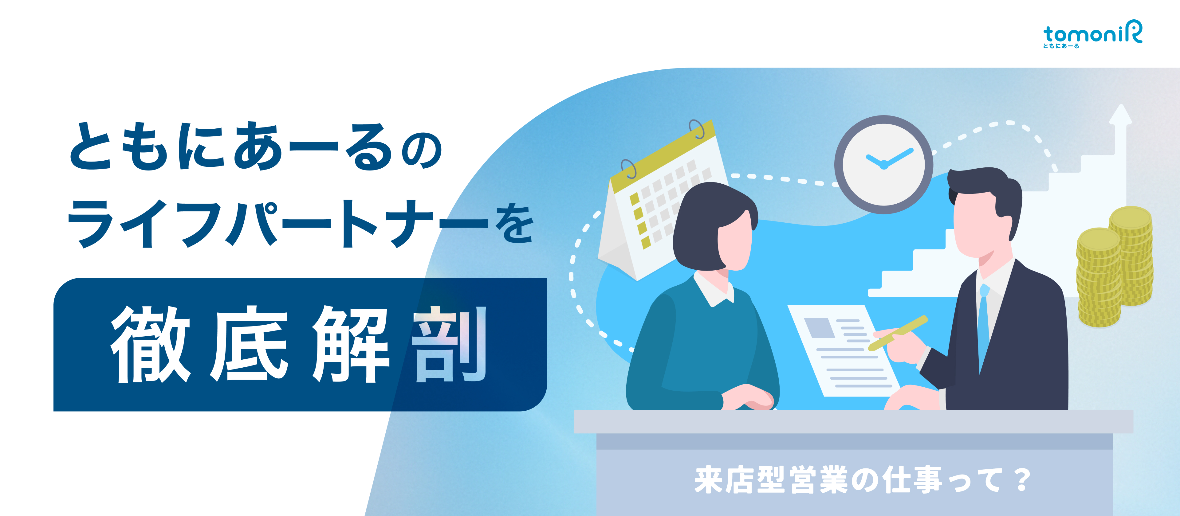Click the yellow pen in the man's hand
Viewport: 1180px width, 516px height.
pos(898,333)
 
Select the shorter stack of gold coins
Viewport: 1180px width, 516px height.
pos(1099,279)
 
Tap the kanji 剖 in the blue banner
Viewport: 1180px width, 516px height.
pos(449,344)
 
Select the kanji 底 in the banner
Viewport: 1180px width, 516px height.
pos(250,344)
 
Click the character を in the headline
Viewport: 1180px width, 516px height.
pos(513,224)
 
